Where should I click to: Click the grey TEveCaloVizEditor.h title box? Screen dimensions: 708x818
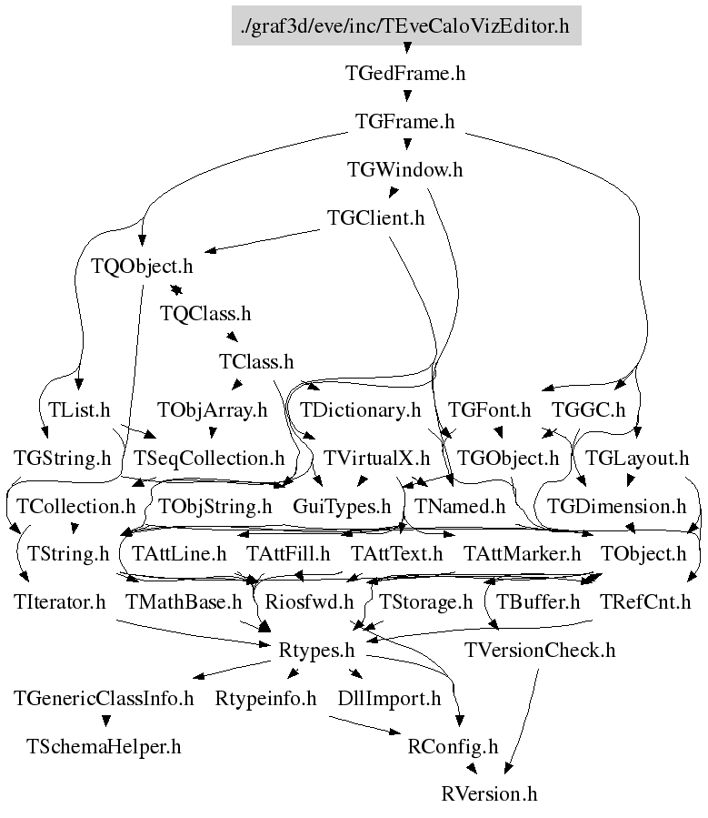click(406, 25)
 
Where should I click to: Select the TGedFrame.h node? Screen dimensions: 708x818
click(405, 74)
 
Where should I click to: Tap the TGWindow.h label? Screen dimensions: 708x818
click(404, 170)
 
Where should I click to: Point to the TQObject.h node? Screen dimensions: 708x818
click(142, 267)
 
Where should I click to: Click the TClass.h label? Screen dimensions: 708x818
click(256, 362)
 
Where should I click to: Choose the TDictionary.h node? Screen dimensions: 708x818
click(360, 410)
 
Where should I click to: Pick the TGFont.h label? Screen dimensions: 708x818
click(489, 410)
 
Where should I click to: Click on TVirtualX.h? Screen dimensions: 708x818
click(376, 459)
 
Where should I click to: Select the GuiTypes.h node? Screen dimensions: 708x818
click(342, 507)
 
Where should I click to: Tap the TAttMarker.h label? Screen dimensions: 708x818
click(522, 554)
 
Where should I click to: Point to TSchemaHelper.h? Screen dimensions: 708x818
click(104, 747)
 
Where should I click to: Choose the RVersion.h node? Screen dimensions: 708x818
click(489, 794)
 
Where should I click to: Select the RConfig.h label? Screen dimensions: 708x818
click(453, 747)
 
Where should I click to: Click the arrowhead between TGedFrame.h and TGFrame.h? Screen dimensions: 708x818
click(407, 96)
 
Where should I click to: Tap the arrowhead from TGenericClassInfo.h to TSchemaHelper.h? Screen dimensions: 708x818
click(106, 721)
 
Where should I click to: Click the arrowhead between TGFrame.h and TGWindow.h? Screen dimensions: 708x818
click(407, 145)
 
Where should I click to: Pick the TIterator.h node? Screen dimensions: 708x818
click(59, 602)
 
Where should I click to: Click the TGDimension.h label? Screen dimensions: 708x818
click(617, 507)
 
